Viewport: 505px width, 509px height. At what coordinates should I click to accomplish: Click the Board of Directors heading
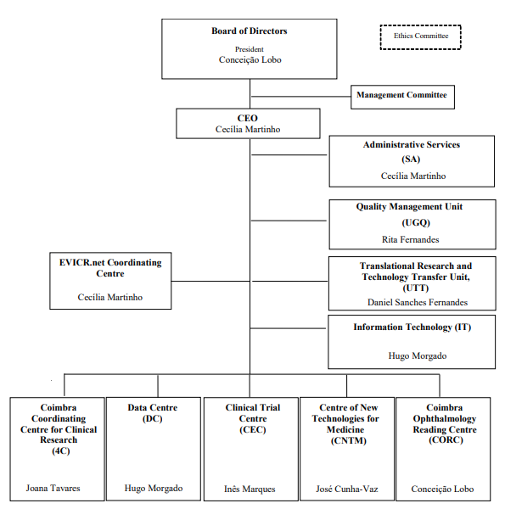(x=250, y=31)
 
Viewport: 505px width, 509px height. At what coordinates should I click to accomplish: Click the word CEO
(x=248, y=118)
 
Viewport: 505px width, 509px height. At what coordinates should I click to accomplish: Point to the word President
(x=250, y=49)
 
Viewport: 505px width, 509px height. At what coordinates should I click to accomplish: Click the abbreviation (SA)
(x=411, y=159)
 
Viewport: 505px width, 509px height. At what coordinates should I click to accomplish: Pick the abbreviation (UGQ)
(x=416, y=222)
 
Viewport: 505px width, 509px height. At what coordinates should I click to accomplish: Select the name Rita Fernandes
(x=411, y=239)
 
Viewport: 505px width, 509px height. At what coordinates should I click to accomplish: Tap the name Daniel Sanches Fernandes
(x=418, y=302)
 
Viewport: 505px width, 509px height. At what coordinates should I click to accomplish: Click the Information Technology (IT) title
(x=412, y=327)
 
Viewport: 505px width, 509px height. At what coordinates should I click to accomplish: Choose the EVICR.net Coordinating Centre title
(x=110, y=268)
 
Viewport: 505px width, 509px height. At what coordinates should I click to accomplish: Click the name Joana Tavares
(x=53, y=489)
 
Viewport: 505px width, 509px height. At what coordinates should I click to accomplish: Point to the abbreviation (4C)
(x=61, y=451)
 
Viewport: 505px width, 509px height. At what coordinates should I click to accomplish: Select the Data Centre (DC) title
(x=153, y=413)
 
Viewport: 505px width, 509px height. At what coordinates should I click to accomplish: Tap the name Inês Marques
(x=250, y=489)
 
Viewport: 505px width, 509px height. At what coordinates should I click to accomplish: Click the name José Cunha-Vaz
(x=347, y=489)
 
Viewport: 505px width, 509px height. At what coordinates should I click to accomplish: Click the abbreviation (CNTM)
(x=349, y=441)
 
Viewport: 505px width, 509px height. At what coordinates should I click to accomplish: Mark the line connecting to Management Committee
(x=300, y=97)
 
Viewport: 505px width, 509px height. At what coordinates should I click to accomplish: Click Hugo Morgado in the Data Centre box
(x=154, y=489)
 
